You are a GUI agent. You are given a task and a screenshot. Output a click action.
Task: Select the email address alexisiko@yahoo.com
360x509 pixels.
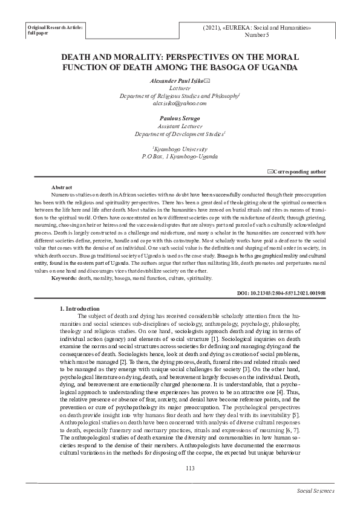[180, 103]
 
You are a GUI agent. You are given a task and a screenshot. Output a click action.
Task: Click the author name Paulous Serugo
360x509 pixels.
[180, 119]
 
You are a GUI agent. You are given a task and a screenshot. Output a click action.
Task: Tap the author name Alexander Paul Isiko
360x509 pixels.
[177, 80]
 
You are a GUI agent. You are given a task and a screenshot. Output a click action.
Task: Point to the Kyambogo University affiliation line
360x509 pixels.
[180, 149]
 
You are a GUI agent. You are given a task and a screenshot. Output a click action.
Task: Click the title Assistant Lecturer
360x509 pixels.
[180, 126]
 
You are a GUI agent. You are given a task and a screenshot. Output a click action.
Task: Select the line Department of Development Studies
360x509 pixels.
[180, 134]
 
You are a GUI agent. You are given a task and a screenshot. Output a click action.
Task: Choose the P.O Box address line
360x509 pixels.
[180, 156]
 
